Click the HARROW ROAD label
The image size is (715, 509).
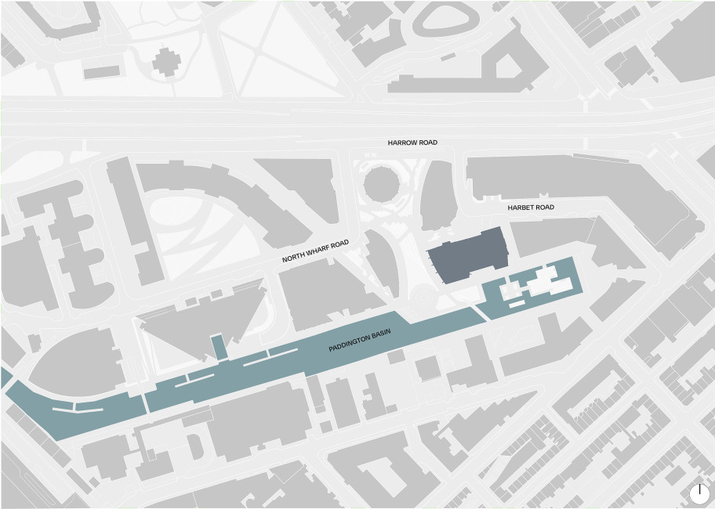(x=412, y=143)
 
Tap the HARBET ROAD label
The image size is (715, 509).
(x=531, y=208)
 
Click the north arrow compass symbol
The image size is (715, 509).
(x=700, y=493)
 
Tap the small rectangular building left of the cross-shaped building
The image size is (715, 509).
(x=101, y=72)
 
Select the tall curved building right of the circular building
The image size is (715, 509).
(x=437, y=196)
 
